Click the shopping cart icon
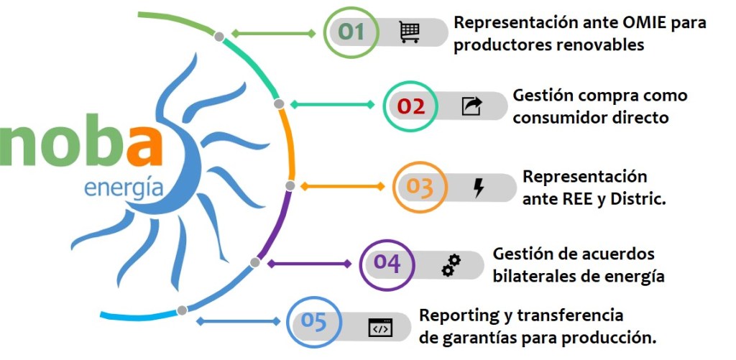(410, 32)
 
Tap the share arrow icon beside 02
(471, 106)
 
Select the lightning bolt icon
(479, 188)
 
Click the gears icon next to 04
(451, 265)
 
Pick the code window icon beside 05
(380, 327)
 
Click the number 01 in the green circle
(351, 32)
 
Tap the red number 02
(411, 106)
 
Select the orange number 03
(420, 187)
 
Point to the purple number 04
(387, 264)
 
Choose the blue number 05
(314, 321)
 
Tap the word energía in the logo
(124, 188)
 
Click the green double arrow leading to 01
(274, 33)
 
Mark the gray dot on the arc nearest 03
(290, 185)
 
